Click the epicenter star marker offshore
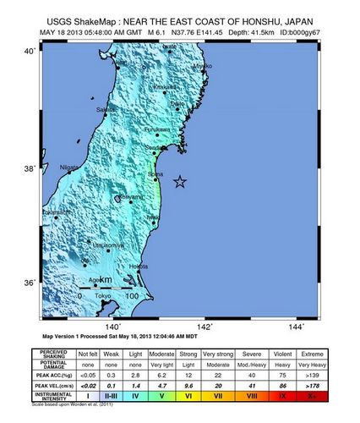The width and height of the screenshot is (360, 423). coord(179,181)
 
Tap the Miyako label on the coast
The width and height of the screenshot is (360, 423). coord(201,66)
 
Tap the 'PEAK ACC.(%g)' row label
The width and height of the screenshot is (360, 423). coord(53,372)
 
